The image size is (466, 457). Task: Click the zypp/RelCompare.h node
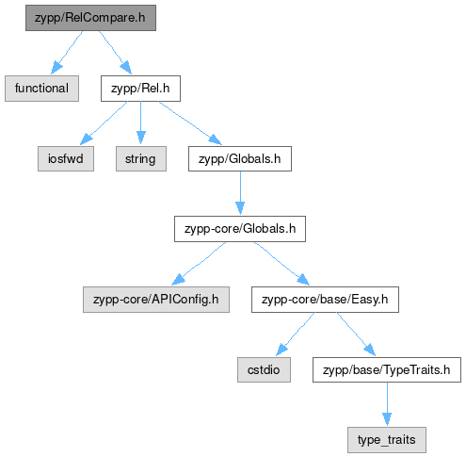point(90,18)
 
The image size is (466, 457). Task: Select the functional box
point(41,89)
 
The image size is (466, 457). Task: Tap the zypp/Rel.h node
point(140,89)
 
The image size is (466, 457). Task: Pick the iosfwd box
point(66,158)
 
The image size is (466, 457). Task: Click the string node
point(141,158)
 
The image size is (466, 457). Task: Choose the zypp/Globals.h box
point(240,158)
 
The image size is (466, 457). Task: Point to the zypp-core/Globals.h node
point(240,229)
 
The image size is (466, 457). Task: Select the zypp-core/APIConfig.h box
point(156,300)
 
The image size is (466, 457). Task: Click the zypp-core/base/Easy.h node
point(325,300)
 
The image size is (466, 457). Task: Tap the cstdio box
point(264,369)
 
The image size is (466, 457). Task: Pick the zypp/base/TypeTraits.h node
point(387,369)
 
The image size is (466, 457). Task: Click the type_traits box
point(387,440)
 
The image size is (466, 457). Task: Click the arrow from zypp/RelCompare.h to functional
point(67,53)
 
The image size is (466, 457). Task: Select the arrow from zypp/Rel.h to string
point(141,122)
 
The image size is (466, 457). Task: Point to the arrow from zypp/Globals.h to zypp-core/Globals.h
point(240,193)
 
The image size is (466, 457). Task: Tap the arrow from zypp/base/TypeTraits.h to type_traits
point(387,404)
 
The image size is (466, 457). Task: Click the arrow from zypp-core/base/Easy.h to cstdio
point(296,335)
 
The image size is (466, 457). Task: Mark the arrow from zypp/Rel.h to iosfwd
point(104,123)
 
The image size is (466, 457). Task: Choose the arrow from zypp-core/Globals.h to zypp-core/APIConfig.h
point(199,264)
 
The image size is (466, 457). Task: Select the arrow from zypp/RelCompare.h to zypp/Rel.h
point(115,53)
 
